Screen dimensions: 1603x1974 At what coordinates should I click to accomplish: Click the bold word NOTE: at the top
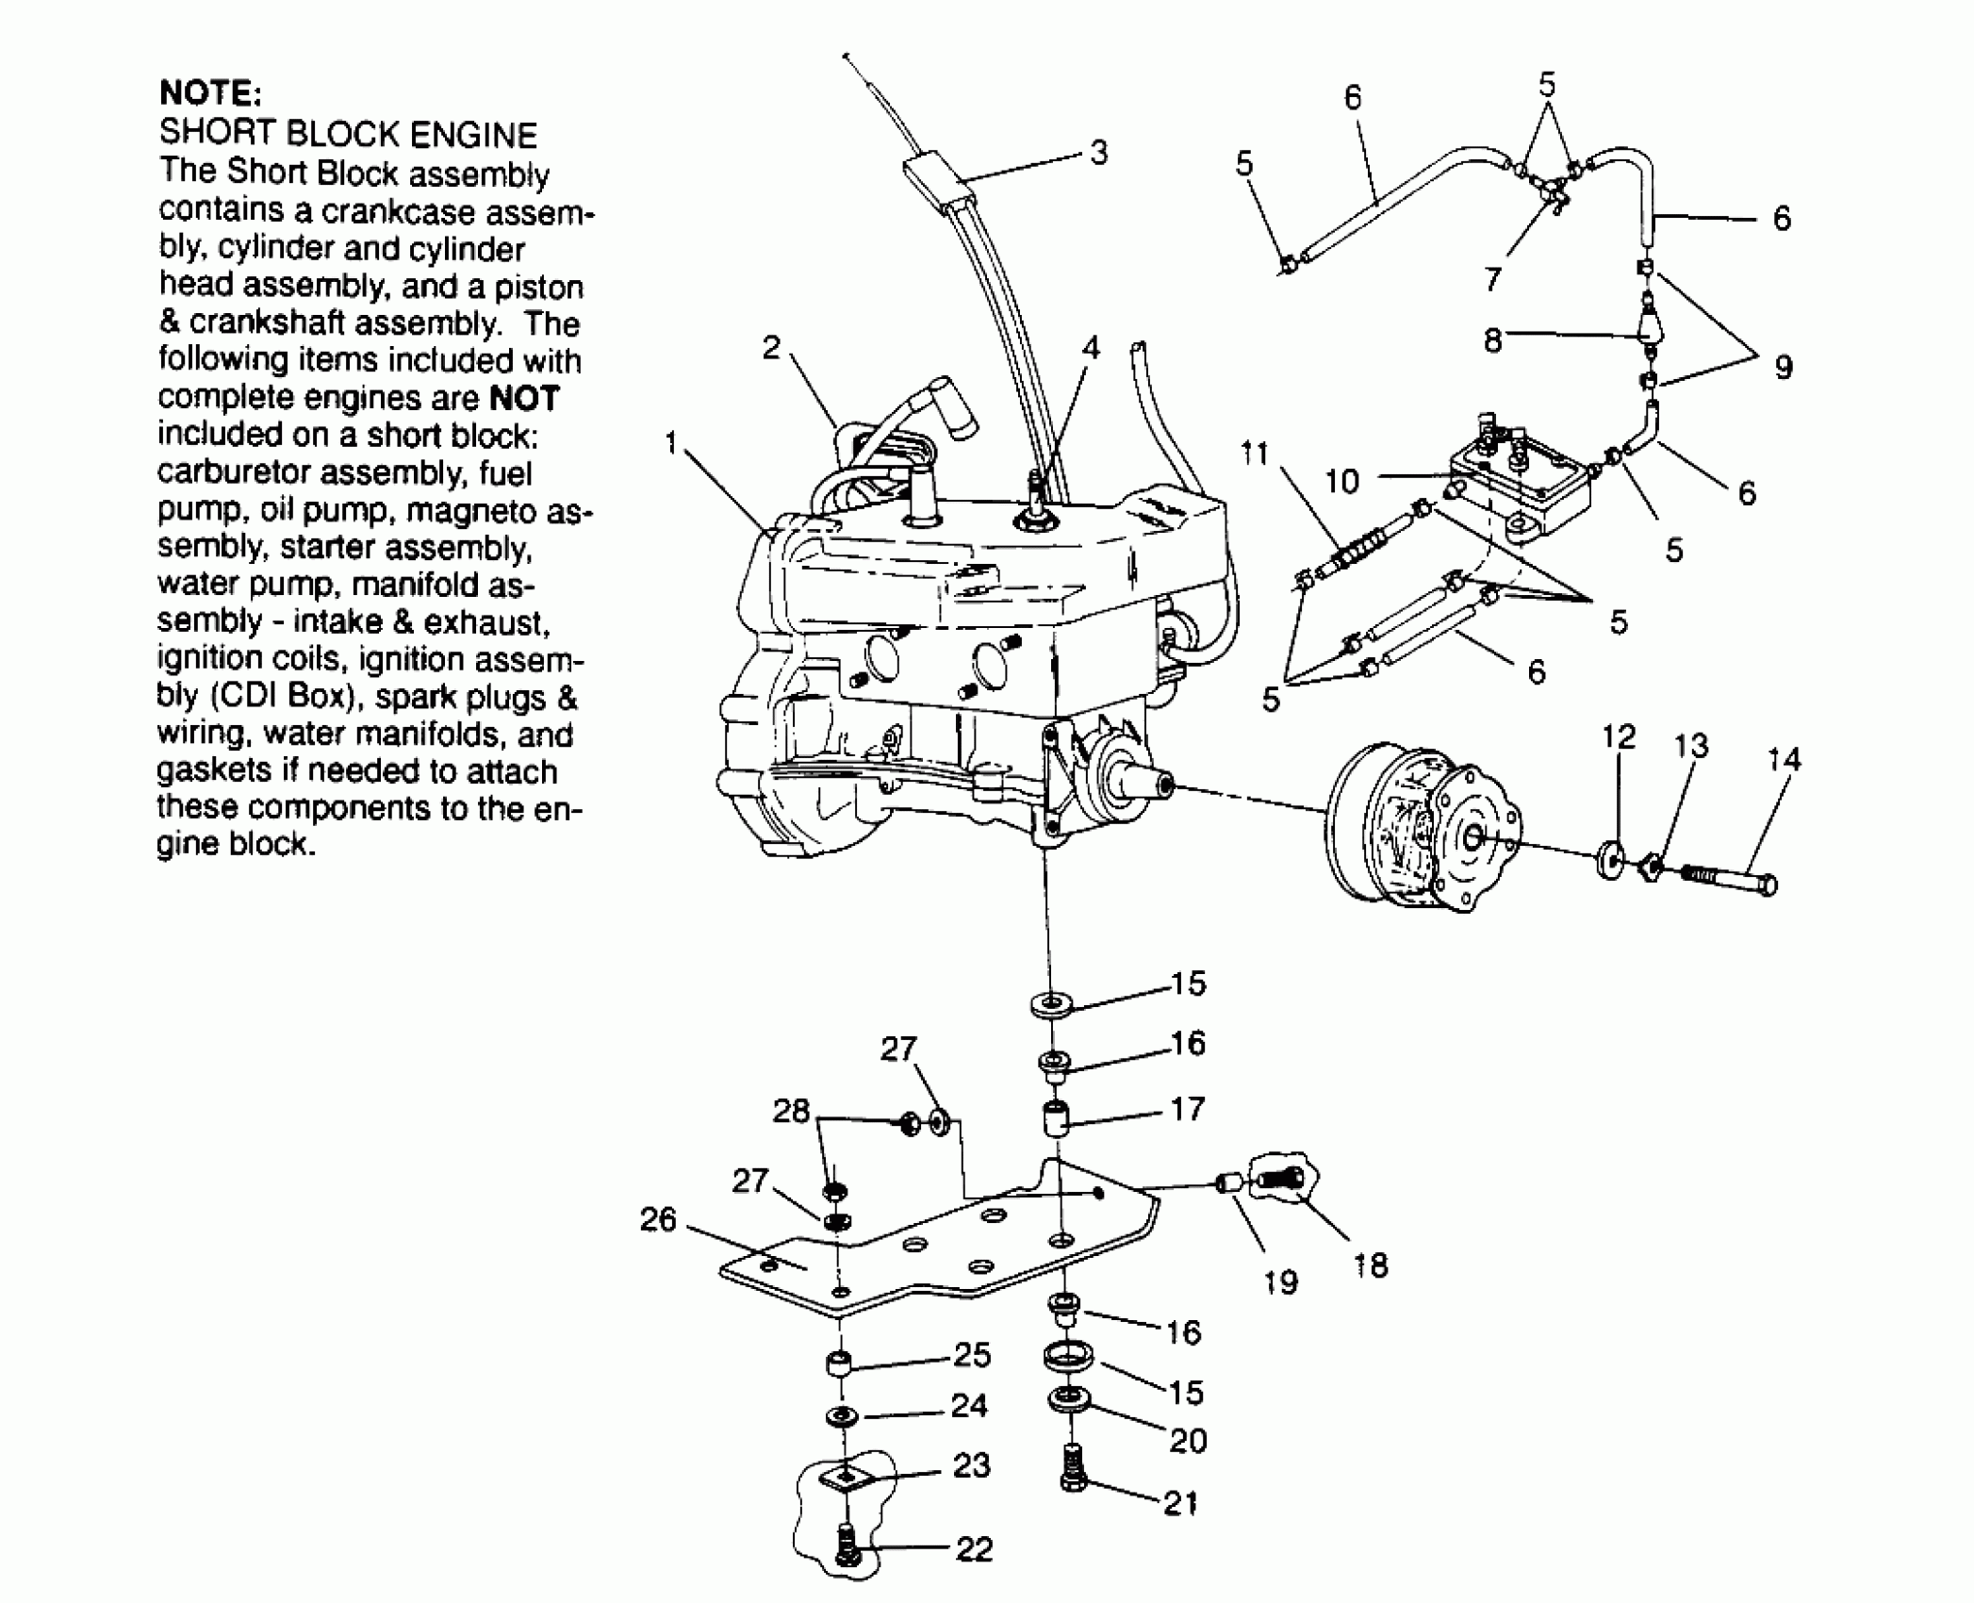[209, 94]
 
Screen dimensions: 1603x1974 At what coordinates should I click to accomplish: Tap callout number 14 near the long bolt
[1783, 759]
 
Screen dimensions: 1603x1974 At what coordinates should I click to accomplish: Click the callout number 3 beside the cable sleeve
[1098, 153]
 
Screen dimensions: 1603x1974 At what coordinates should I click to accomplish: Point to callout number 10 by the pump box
[1342, 482]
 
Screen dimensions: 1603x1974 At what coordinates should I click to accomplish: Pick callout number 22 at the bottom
[974, 1549]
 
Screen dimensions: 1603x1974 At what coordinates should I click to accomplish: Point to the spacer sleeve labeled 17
[1057, 1118]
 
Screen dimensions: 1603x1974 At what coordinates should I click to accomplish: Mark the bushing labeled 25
[839, 1364]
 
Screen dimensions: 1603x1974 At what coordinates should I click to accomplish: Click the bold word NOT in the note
[524, 399]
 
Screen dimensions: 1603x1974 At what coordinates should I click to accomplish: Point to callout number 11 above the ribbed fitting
[1254, 454]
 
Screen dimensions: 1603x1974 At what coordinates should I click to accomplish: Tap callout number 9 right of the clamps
[1783, 367]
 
